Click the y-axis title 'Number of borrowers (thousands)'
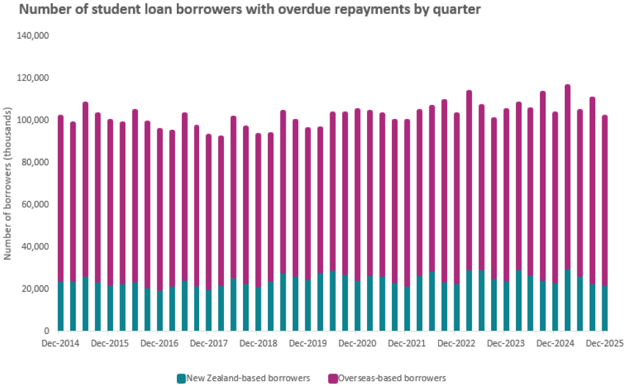click(x=8, y=184)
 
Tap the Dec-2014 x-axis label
click(x=60, y=343)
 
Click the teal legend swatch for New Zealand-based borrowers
click(x=181, y=378)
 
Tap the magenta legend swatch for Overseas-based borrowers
click(x=333, y=378)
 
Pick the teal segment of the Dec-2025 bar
click(x=604, y=308)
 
